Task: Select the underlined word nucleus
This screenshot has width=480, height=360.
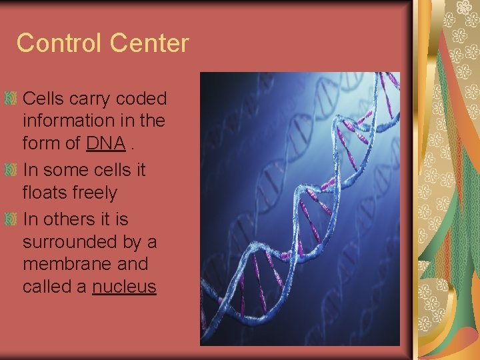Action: (124, 287)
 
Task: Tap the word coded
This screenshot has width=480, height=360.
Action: (141, 99)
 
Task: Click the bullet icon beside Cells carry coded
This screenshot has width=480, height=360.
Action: (10, 99)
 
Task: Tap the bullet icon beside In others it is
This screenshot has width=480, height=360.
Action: (10, 219)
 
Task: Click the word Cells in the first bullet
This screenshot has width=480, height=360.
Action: (43, 99)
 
